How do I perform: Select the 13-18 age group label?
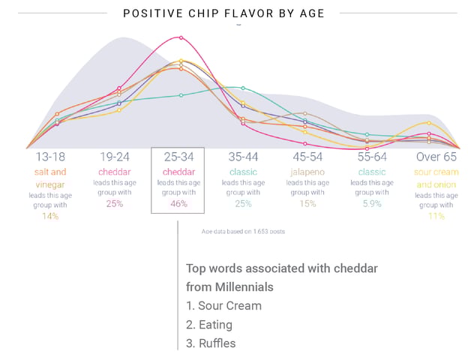click(x=50, y=157)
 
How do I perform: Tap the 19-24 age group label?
click(x=115, y=157)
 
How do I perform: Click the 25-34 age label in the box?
click(x=178, y=157)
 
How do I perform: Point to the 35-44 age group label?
click(x=243, y=157)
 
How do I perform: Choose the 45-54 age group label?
click(x=307, y=157)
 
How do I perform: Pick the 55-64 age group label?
click(x=371, y=157)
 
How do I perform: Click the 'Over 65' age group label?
click(x=436, y=157)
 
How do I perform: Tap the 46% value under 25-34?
click(x=178, y=203)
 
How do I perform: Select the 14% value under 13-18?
click(x=50, y=216)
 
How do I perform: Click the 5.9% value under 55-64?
click(x=371, y=203)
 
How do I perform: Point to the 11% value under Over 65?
click(x=436, y=216)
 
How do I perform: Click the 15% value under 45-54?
click(x=307, y=203)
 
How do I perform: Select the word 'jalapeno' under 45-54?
click(x=307, y=172)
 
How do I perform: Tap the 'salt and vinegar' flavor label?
click(x=50, y=178)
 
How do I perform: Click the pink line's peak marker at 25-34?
click(x=180, y=37)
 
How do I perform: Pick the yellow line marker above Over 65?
click(x=427, y=122)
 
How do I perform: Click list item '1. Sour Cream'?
click(x=224, y=306)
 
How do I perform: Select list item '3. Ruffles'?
click(x=211, y=343)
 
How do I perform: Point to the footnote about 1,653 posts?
click(x=243, y=232)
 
